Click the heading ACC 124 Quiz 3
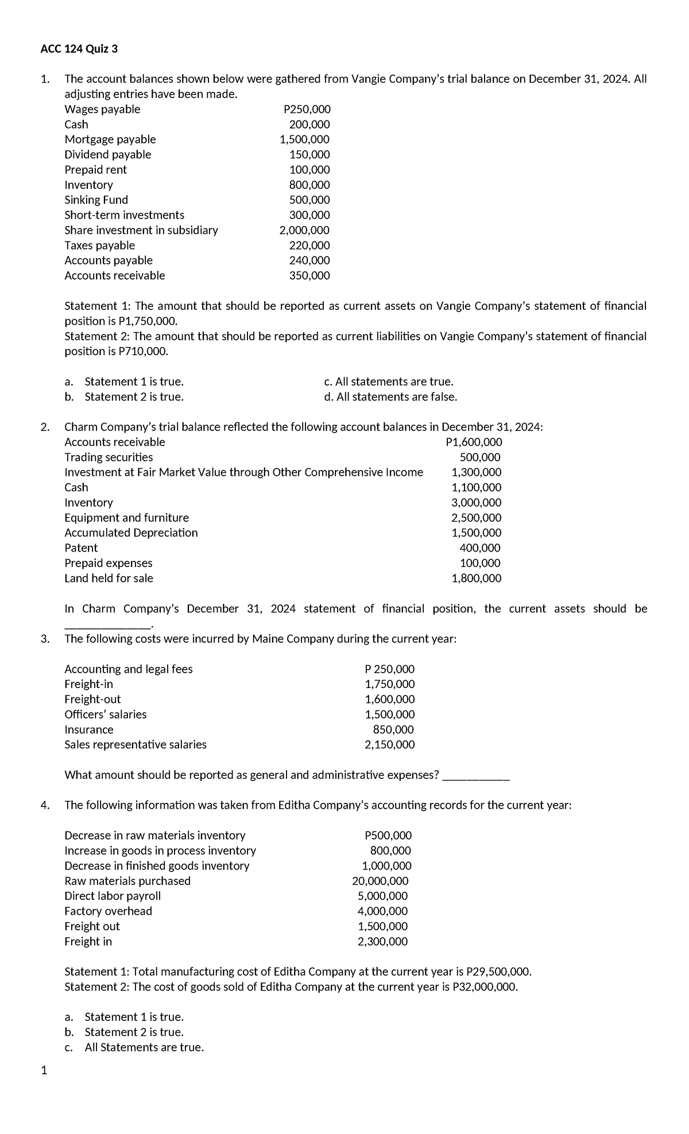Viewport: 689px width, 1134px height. click(79, 49)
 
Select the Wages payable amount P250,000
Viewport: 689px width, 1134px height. click(307, 110)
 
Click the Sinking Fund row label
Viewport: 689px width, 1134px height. click(96, 200)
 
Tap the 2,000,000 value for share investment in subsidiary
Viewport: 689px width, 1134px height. click(304, 231)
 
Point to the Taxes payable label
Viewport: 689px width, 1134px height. click(99, 246)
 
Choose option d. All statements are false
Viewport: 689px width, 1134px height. click(390, 397)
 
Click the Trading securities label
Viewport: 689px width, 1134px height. click(109, 457)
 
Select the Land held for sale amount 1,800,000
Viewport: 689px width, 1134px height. click(477, 578)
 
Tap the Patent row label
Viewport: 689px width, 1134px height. click(81, 548)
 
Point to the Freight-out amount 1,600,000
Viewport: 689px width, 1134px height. click(389, 700)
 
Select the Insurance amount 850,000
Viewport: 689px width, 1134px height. click(393, 730)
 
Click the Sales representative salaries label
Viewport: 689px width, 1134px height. click(136, 745)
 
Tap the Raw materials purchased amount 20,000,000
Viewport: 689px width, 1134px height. click(380, 881)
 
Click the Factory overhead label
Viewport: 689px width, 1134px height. click(108, 911)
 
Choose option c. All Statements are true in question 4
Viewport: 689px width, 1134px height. click(144, 1047)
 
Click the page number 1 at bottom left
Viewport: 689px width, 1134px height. click(44, 1070)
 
